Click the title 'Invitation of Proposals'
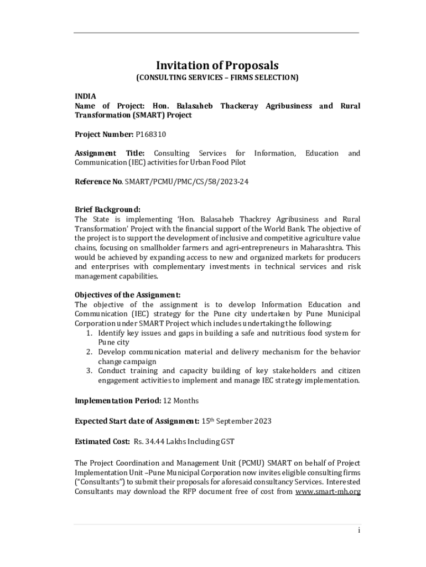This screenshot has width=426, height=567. pyautogui.click(x=217, y=65)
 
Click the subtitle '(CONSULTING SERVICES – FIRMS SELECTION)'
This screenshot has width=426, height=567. pyautogui.click(x=217, y=78)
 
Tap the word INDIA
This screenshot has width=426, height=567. pyautogui.click(x=86, y=96)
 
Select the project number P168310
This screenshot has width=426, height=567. pyautogui.click(x=151, y=134)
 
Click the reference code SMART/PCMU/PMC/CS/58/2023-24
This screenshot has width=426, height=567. pyautogui.click(x=186, y=181)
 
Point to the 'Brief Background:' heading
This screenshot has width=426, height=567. pyautogui.click(x=107, y=209)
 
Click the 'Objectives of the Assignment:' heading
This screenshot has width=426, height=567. pyautogui.click(x=128, y=295)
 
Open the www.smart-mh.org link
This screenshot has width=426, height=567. pyautogui.click(x=328, y=491)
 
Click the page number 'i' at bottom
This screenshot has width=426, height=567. pyautogui.click(x=359, y=530)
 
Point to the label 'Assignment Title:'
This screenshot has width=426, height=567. pyautogui.click(x=110, y=153)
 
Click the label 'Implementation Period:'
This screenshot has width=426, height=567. pyautogui.click(x=118, y=400)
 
